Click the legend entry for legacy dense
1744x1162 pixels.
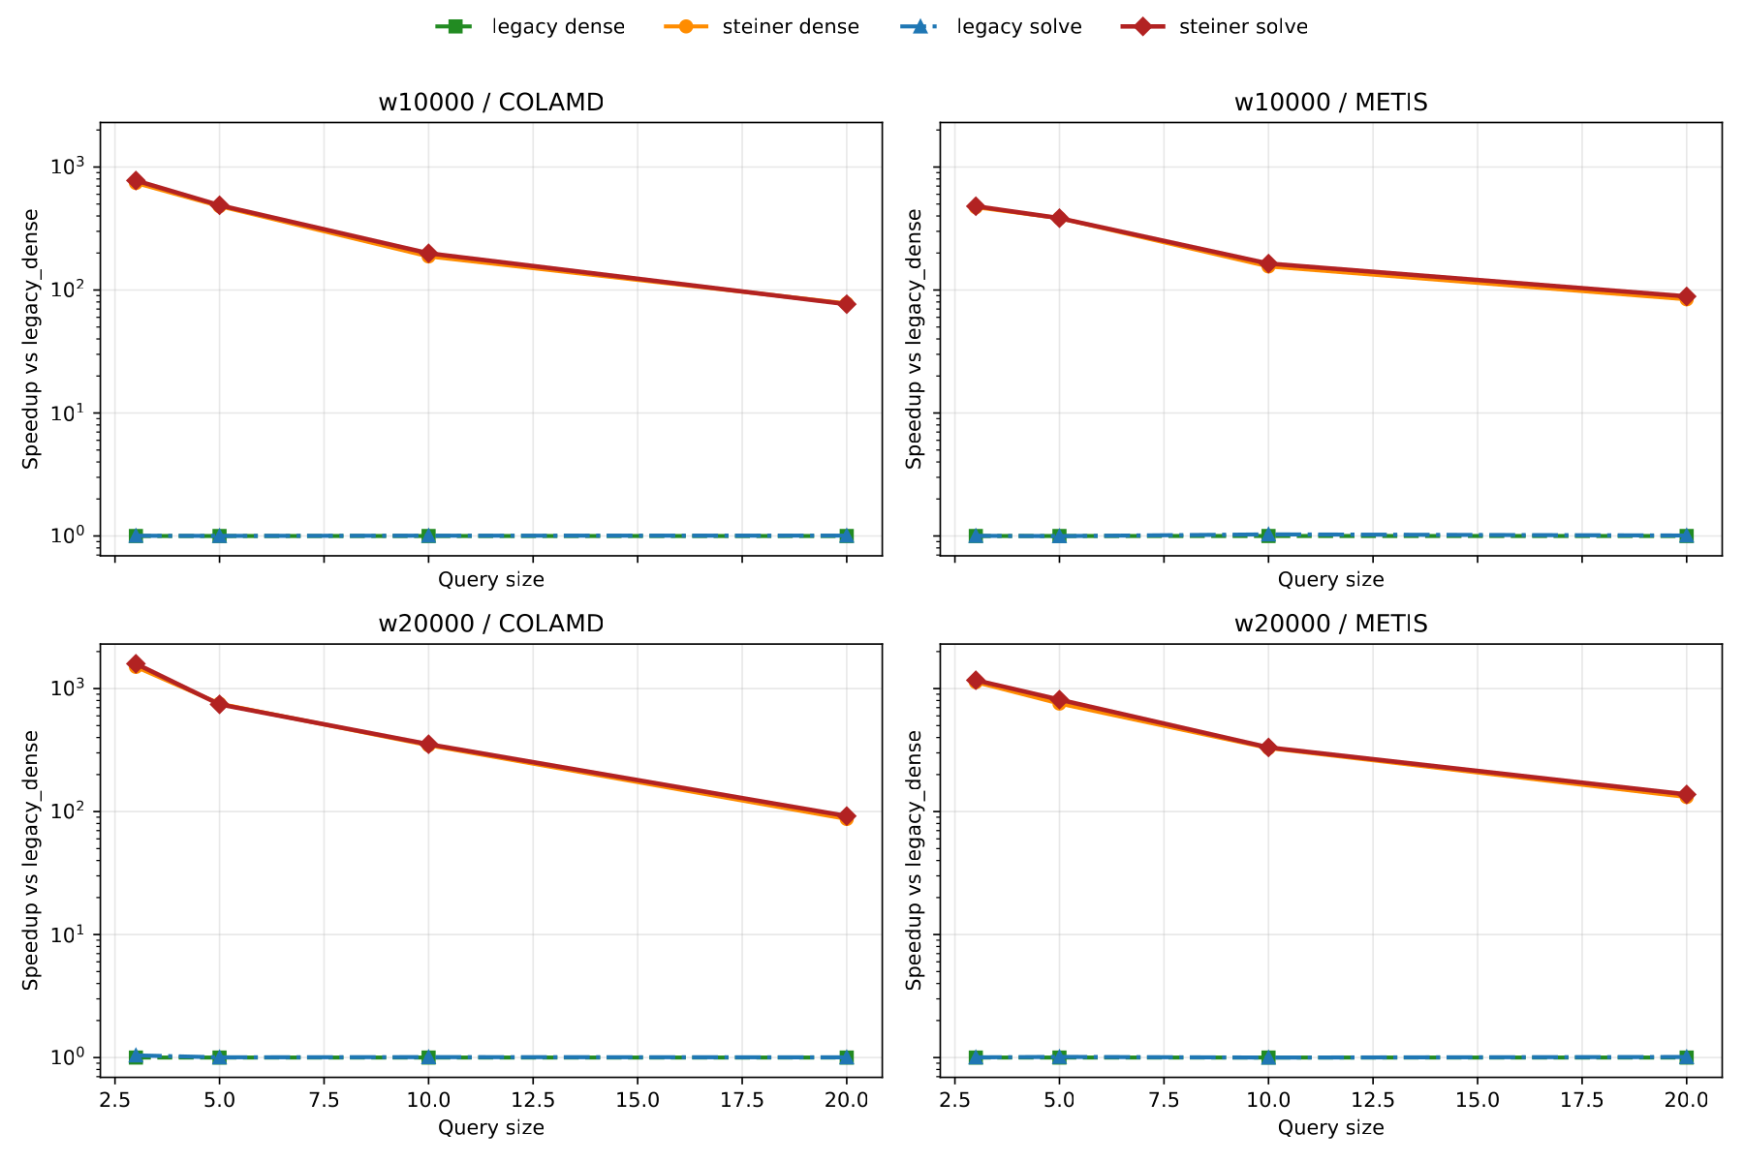[x=530, y=27]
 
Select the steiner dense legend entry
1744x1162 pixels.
[x=762, y=27]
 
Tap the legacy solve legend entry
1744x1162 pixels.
[x=990, y=27]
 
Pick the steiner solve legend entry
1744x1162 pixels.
[x=1215, y=27]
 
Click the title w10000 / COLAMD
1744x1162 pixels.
[x=490, y=103]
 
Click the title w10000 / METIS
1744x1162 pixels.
[x=1330, y=103]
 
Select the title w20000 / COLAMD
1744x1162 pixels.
[x=490, y=624]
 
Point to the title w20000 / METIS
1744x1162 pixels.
[x=1330, y=624]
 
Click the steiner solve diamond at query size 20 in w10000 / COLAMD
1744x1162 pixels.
[x=847, y=304]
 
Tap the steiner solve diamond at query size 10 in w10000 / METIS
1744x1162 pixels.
[x=1267, y=264]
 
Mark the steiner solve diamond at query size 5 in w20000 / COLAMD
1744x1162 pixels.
[x=220, y=704]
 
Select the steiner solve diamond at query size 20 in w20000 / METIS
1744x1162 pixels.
[x=1687, y=795]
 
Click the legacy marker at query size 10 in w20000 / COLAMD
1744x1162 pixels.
[x=428, y=1057]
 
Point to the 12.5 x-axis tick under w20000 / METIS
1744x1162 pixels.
[x=1372, y=1101]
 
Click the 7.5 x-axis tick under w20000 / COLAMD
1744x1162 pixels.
[x=324, y=1101]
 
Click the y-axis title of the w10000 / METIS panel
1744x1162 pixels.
[x=914, y=339]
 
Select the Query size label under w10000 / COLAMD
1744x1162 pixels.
[x=490, y=580]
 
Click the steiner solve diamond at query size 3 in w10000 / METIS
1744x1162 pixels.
[x=976, y=206]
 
